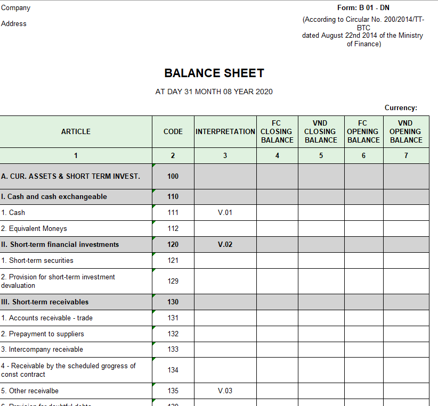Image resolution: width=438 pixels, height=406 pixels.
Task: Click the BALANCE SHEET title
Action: [x=214, y=73]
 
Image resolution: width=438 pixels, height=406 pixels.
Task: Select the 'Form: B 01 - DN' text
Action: [x=363, y=8]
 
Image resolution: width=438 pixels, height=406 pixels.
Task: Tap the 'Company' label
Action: [x=15, y=8]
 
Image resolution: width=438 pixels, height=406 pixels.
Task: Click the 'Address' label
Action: [x=14, y=24]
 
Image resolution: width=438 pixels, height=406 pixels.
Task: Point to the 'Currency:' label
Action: [x=401, y=108]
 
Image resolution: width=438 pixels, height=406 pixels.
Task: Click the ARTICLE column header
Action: [x=76, y=131]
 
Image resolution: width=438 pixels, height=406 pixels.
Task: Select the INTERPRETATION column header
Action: [x=225, y=131]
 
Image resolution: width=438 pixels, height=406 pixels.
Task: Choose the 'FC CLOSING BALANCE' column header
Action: [x=277, y=131]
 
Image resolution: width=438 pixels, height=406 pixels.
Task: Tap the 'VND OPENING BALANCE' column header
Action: [x=405, y=131]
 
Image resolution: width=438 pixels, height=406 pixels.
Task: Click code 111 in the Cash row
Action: [x=173, y=212]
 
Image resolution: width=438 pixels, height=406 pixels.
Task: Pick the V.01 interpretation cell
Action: [x=225, y=212]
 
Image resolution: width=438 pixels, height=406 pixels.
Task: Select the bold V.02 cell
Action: [x=225, y=244]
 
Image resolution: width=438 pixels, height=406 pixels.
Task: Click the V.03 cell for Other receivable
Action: [x=225, y=391]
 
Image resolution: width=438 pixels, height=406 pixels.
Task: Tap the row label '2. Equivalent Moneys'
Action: [x=34, y=228]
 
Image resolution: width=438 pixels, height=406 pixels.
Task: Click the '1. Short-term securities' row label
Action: [x=37, y=260]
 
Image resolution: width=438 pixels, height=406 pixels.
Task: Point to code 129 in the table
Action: [x=173, y=281]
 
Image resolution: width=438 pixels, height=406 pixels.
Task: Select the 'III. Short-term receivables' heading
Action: [x=45, y=302]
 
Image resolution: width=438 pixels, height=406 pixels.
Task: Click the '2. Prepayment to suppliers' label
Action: [x=43, y=334]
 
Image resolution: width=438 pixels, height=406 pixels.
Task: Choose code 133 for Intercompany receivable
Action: [x=173, y=349]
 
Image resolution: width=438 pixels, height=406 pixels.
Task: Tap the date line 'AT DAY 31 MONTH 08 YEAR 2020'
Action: [x=214, y=92]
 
